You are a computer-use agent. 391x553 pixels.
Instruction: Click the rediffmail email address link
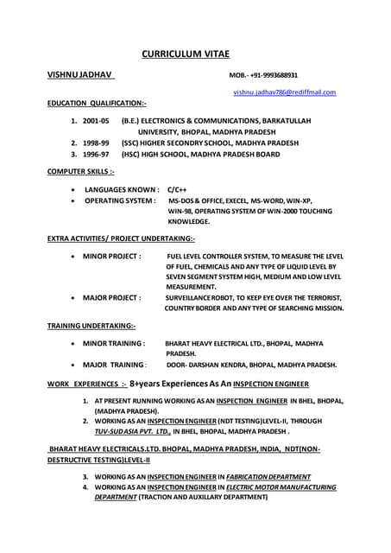[285, 92]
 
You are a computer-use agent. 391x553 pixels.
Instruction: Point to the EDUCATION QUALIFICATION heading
[97, 103]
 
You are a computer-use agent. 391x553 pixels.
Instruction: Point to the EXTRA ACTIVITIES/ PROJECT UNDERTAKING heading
[121, 238]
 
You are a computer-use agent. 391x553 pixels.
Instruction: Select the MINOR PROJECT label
[111, 256]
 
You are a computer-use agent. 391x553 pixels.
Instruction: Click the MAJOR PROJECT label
[111, 297]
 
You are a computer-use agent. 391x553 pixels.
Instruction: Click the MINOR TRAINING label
[114, 343]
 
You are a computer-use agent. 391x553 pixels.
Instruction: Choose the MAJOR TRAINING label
[114, 365]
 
